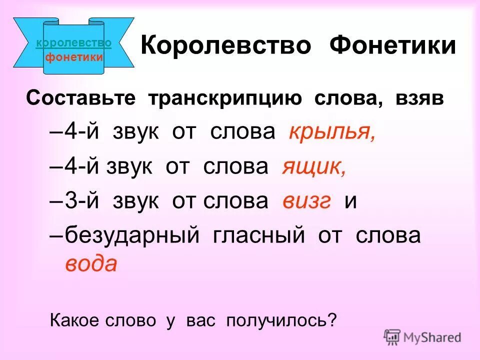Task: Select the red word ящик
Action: point(313,166)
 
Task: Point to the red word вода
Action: point(91,263)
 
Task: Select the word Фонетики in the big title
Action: point(392,46)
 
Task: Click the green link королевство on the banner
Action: point(74,43)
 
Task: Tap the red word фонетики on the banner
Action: point(74,56)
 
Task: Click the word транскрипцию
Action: point(224,98)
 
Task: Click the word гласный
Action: point(254,235)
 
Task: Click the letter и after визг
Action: point(350,201)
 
